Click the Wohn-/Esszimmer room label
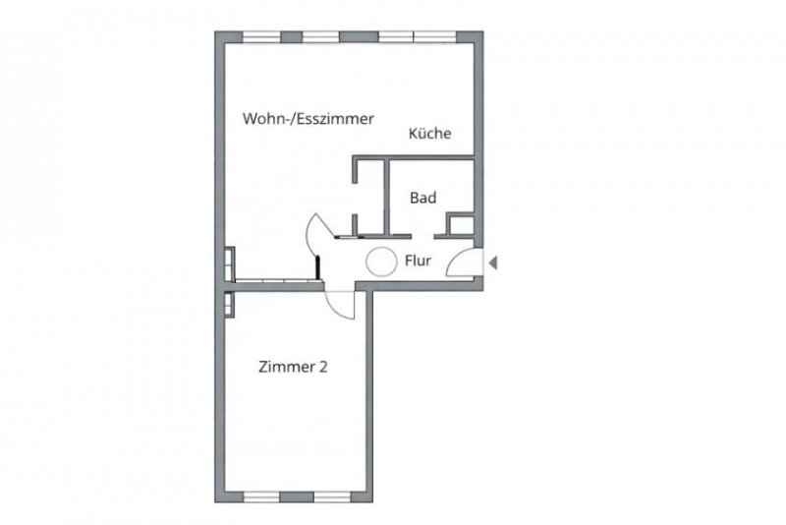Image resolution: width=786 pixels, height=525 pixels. [x=308, y=119]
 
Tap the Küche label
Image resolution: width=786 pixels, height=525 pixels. [x=430, y=134]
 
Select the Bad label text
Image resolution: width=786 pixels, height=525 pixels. [x=423, y=198]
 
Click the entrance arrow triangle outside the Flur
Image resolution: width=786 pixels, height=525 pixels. [x=493, y=262]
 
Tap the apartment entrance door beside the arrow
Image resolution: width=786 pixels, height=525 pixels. [x=462, y=264]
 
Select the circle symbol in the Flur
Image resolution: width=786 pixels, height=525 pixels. [x=380, y=262]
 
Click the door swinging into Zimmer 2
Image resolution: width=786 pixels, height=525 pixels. [x=340, y=304]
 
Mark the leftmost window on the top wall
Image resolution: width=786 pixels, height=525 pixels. [x=261, y=36]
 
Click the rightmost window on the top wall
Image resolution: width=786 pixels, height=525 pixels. [x=433, y=36]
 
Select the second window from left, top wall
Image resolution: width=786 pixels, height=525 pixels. [x=320, y=36]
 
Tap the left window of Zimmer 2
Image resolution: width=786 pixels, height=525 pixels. [x=262, y=495]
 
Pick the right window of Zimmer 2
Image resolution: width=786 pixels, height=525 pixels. [x=329, y=495]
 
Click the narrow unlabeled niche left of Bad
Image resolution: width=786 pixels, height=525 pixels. [x=369, y=197]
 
